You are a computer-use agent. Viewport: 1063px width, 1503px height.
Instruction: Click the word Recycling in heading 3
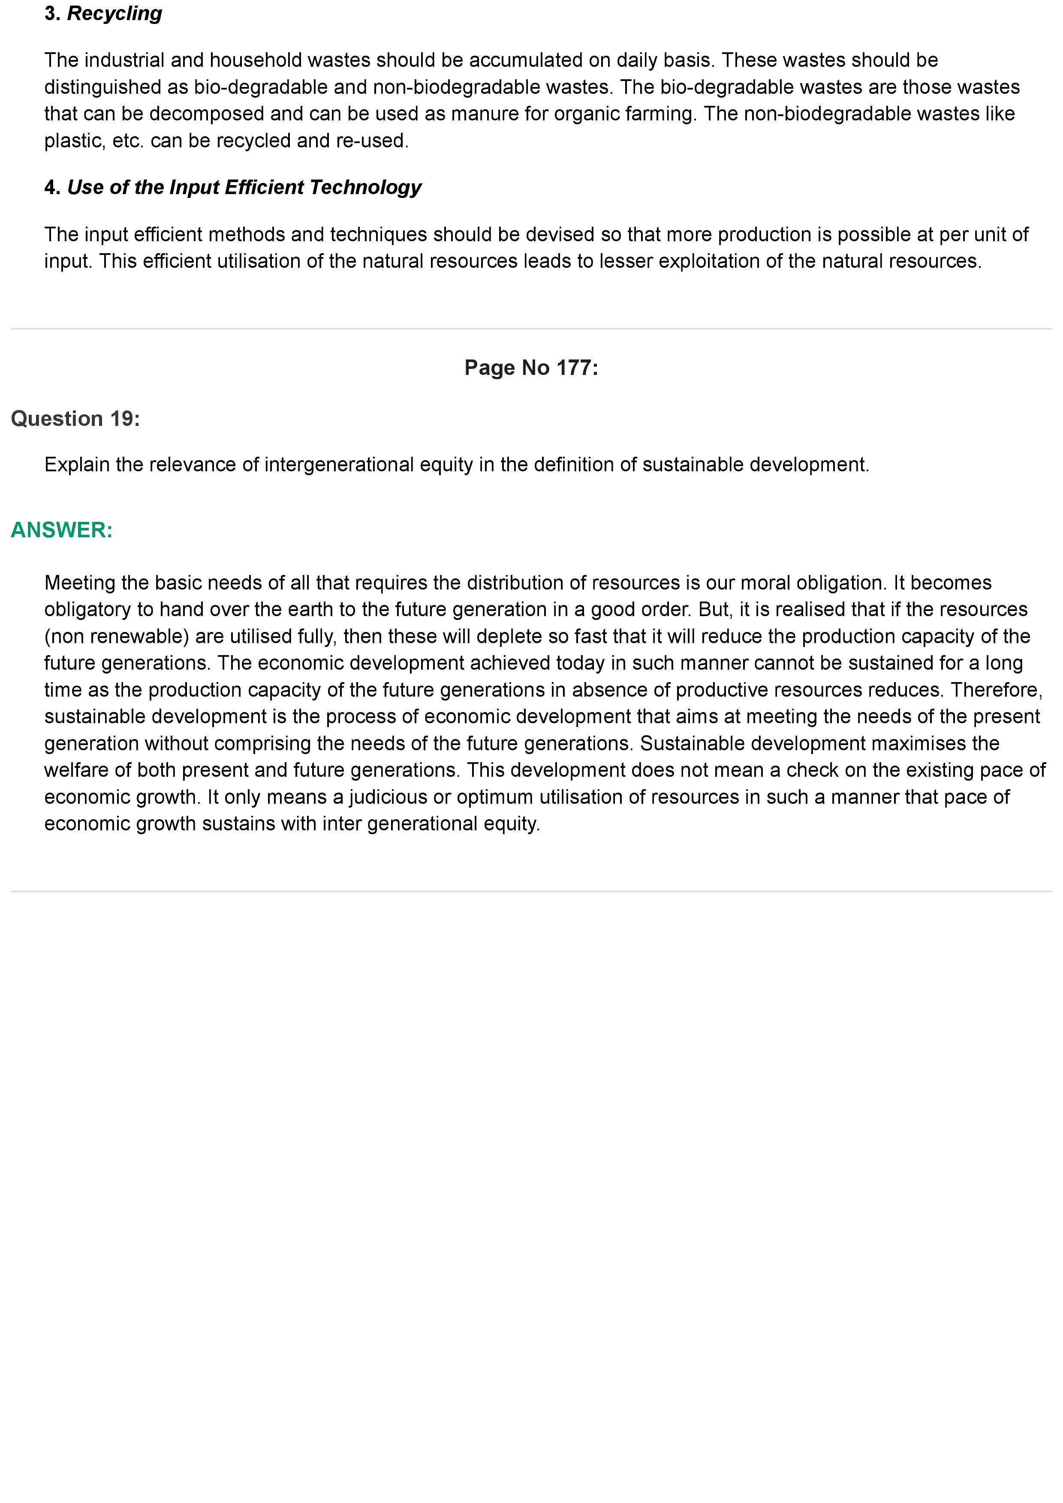click(114, 14)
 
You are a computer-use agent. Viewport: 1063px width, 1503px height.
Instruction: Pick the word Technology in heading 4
click(365, 187)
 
